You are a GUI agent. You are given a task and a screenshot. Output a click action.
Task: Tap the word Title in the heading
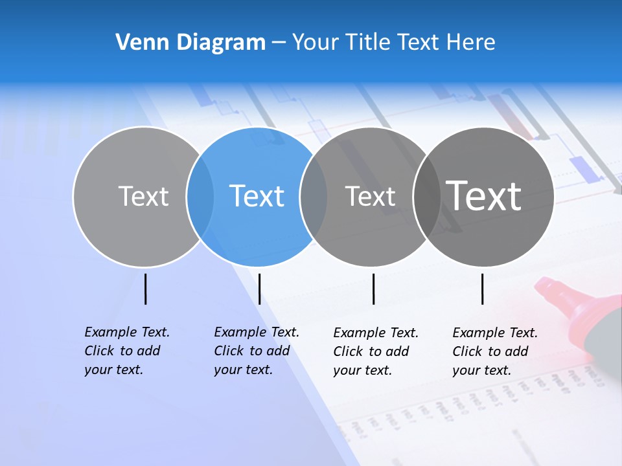367,42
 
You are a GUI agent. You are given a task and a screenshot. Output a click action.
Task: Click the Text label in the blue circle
257,196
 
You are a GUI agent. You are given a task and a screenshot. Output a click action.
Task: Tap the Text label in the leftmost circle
143,196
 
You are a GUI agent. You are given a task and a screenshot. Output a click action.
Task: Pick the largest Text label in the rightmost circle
484,195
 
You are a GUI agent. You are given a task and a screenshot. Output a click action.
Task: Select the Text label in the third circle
370,196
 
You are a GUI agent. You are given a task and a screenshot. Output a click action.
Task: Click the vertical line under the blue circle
259,289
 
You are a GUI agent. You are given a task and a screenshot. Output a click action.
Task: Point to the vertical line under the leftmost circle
145,289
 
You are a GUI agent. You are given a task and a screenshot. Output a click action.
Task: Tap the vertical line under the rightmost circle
483,289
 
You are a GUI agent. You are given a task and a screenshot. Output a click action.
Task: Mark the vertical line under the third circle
373,289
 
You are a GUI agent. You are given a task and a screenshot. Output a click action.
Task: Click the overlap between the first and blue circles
200,197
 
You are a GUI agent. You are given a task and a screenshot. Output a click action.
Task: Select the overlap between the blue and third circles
314,197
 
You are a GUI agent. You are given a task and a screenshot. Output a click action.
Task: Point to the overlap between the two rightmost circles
427,197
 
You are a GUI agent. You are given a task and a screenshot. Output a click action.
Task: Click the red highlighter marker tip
551,291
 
